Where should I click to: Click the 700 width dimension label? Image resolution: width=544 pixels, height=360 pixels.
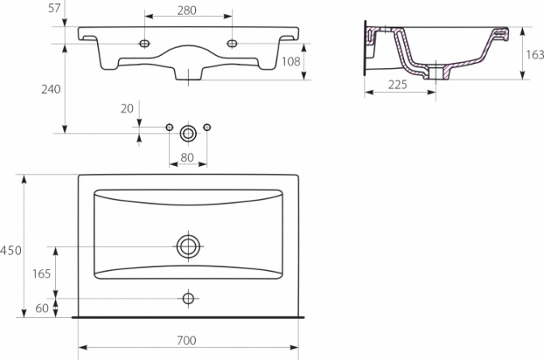click(x=187, y=341)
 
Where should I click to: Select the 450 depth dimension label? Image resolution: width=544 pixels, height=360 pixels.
click(x=11, y=250)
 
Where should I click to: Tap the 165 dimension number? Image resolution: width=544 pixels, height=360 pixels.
click(x=41, y=273)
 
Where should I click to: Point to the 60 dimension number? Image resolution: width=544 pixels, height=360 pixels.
click(x=42, y=308)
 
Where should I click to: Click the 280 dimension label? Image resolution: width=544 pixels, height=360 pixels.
click(x=187, y=11)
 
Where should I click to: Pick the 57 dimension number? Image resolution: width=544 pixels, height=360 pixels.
click(x=54, y=8)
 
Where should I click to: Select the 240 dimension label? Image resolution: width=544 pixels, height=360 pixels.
click(x=51, y=89)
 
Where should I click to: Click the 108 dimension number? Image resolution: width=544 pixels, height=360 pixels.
click(x=291, y=61)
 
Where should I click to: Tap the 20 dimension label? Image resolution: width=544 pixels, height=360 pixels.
click(x=127, y=108)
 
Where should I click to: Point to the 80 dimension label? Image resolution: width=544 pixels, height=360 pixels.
click(x=187, y=158)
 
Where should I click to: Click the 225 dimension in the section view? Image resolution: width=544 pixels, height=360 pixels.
click(x=397, y=84)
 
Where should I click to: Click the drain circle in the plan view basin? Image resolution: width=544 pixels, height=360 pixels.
click(x=189, y=246)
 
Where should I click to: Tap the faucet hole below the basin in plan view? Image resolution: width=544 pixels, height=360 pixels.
click(x=189, y=299)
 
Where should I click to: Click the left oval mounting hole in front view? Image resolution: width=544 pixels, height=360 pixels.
click(x=144, y=44)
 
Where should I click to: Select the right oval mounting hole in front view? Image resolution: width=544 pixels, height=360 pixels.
click(x=232, y=44)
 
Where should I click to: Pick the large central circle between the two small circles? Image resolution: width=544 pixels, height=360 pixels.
click(x=188, y=133)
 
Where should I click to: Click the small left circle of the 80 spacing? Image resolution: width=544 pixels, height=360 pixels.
click(x=169, y=127)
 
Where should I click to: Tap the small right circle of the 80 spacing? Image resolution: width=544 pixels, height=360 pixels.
click(x=207, y=127)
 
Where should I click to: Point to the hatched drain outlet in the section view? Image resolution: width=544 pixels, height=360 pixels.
click(x=436, y=73)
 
